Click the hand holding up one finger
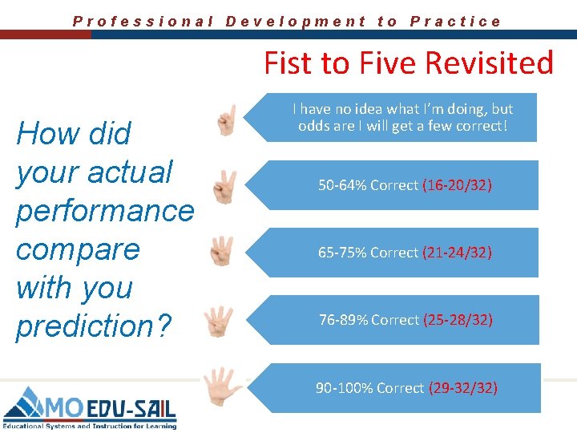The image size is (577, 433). pyautogui.click(x=227, y=121)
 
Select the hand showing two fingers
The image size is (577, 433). pyautogui.click(x=225, y=188)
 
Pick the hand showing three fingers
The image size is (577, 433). pyautogui.click(x=222, y=252)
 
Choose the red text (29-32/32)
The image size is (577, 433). pyautogui.click(x=463, y=388)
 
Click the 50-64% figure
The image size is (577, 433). pyautogui.click(x=342, y=185)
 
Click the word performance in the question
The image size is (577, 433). pyautogui.click(x=105, y=211)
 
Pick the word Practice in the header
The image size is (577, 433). pyautogui.click(x=455, y=22)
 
